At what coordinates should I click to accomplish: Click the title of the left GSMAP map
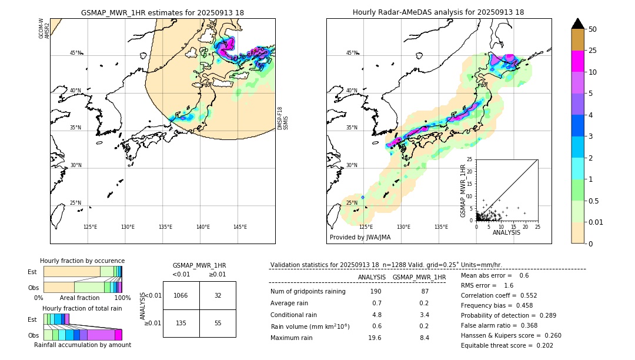(x=162, y=12)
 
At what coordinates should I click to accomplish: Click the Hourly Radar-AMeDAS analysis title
(x=438, y=12)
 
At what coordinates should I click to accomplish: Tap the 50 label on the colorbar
(x=593, y=29)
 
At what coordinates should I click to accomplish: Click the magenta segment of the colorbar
(x=577, y=61)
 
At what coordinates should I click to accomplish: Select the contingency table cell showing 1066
(x=181, y=295)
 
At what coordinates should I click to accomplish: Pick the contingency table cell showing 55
(x=218, y=323)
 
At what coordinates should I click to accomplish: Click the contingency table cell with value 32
(x=218, y=295)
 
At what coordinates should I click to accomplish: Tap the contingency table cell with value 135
(x=181, y=323)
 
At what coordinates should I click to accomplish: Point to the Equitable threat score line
(x=507, y=345)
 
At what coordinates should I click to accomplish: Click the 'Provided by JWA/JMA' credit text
(x=360, y=238)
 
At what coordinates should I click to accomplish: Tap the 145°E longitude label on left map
(x=240, y=227)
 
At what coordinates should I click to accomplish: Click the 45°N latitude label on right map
(x=352, y=53)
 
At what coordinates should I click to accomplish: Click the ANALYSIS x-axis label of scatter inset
(x=506, y=233)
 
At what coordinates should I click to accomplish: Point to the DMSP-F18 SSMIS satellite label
(x=283, y=118)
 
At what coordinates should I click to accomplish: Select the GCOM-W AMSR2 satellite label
(x=44, y=28)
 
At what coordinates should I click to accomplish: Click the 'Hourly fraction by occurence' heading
(x=82, y=261)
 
